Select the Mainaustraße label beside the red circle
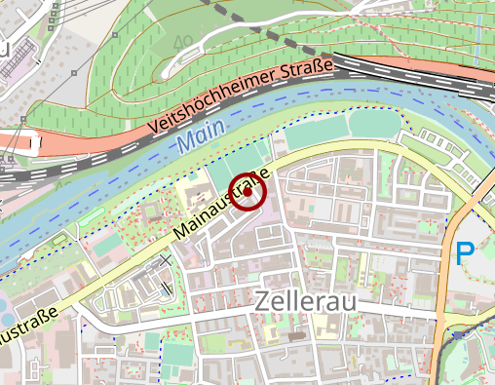(220, 208)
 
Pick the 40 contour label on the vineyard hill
(181, 44)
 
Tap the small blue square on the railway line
(457, 334)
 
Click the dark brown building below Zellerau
(297, 335)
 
